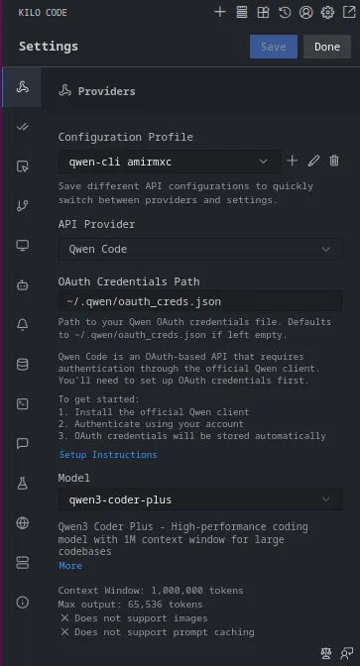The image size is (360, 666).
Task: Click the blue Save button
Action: click(x=273, y=47)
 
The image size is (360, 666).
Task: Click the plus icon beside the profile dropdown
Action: click(x=293, y=161)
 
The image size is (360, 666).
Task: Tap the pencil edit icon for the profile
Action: click(x=313, y=161)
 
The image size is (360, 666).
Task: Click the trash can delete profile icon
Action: click(x=334, y=161)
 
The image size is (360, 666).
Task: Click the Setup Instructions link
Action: click(x=107, y=454)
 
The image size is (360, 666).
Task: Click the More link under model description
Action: click(x=70, y=565)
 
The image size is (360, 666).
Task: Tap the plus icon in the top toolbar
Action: click(x=220, y=13)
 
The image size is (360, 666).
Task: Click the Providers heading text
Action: click(x=106, y=91)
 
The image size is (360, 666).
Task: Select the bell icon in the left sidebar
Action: click(x=22, y=324)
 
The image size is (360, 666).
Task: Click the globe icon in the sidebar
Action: click(x=22, y=522)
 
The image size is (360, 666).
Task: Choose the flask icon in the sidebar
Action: click(x=22, y=483)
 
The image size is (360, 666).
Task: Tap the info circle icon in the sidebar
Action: click(x=22, y=602)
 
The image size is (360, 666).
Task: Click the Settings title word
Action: click(x=48, y=47)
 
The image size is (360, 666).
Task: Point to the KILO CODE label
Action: click(x=43, y=13)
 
